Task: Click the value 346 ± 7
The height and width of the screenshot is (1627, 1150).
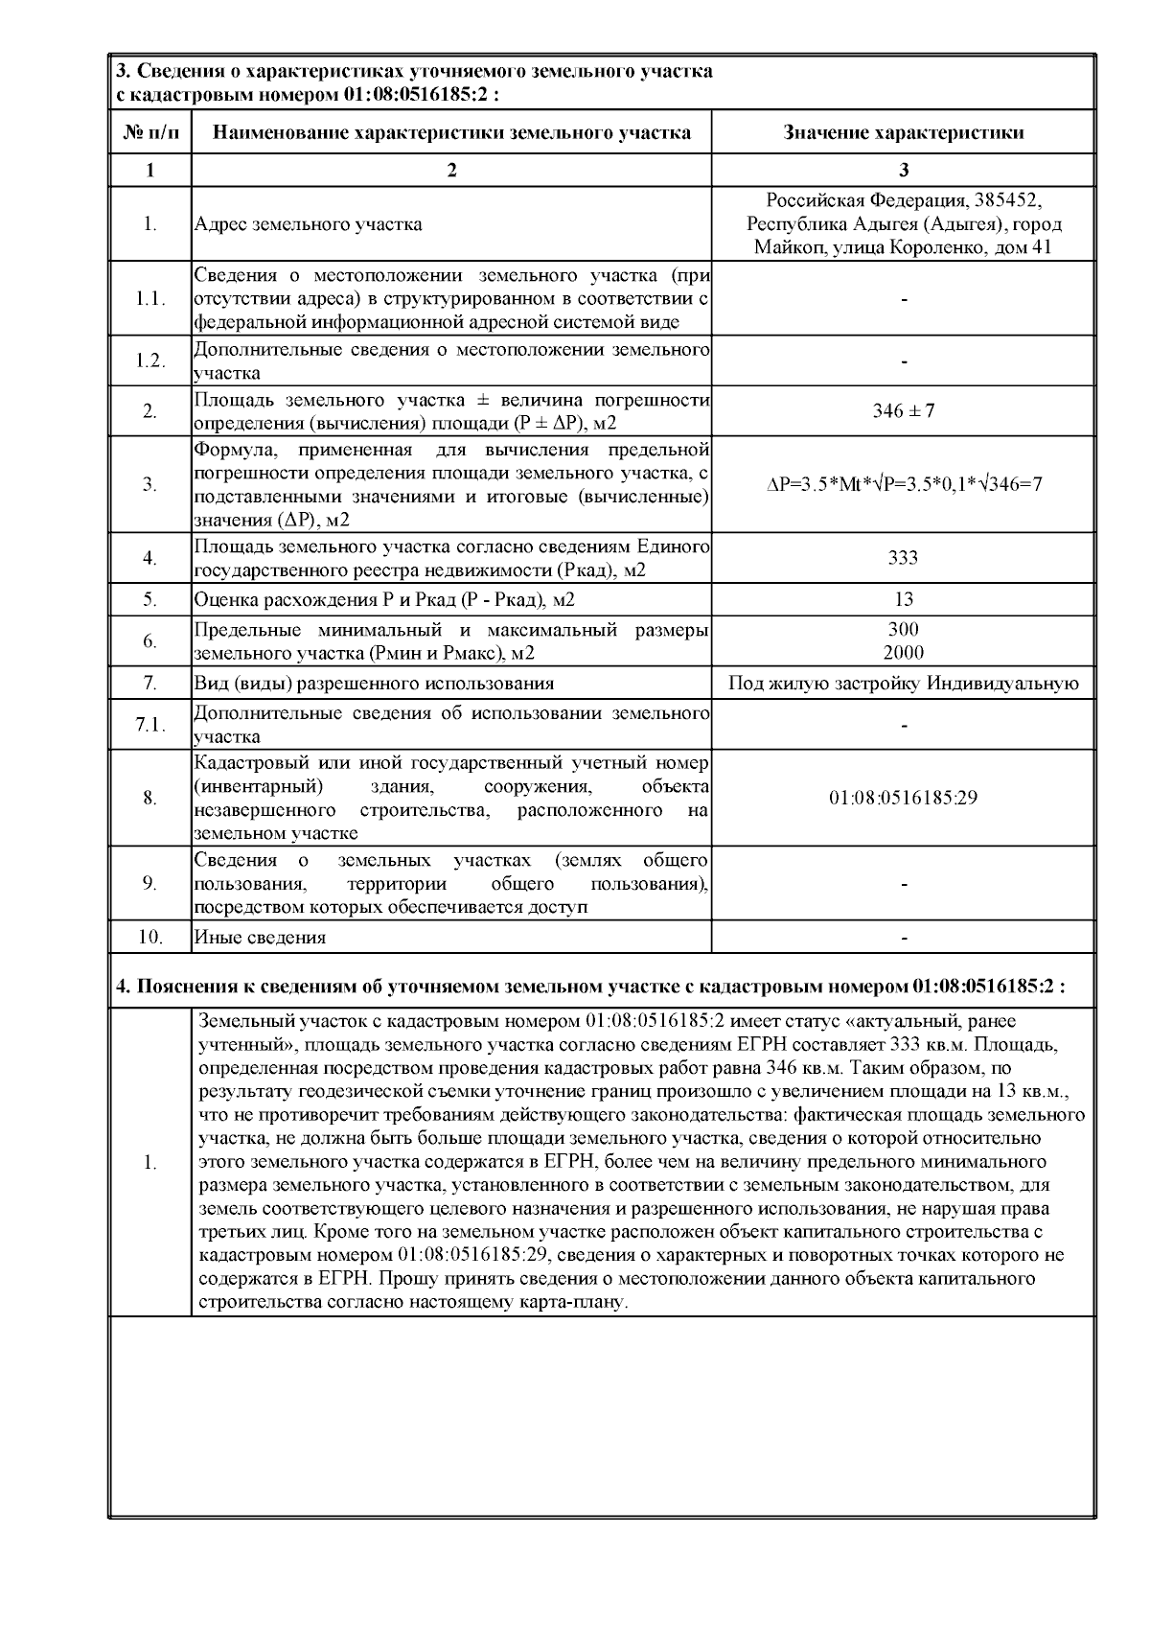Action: (903, 411)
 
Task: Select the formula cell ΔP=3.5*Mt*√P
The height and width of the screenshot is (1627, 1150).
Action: (903, 484)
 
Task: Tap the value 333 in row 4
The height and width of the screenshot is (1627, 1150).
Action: (903, 558)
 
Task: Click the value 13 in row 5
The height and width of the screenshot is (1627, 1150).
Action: (903, 599)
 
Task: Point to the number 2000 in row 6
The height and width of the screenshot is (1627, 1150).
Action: (903, 653)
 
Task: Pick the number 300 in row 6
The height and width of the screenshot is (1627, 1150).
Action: (903, 630)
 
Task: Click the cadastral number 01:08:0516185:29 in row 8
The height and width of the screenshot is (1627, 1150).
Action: (903, 798)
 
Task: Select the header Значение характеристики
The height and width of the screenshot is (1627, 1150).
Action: (903, 132)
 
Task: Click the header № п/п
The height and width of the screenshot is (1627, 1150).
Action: (150, 132)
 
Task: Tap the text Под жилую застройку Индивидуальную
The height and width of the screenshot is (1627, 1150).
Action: (903, 684)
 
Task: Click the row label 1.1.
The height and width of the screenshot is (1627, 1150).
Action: (150, 298)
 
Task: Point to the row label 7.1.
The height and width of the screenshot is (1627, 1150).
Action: (150, 726)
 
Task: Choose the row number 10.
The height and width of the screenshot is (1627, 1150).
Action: (150, 937)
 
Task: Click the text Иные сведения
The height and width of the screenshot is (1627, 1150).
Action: (260, 938)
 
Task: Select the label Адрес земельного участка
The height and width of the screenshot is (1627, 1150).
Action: (308, 225)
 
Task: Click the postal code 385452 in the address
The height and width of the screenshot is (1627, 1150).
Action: (1007, 201)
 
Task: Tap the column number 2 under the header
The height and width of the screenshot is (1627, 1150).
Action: (451, 171)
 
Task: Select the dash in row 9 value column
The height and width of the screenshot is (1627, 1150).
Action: (903, 883)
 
